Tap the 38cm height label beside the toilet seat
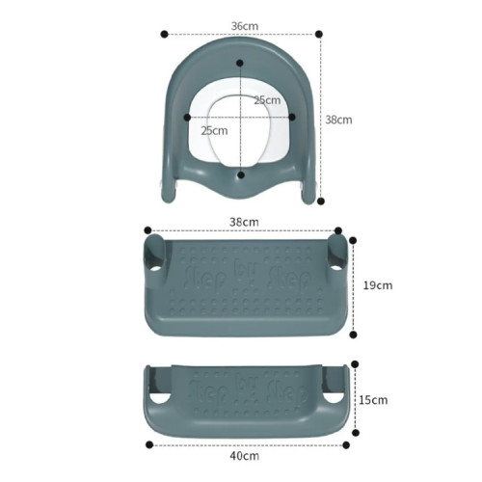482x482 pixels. coord(338,120)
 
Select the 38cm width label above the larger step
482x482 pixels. coord(244,221)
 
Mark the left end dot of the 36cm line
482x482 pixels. coord(164,34)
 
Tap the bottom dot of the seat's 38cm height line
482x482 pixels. coord(320,201)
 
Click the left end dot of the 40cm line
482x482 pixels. coord(148,444)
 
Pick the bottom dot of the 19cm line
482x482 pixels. coord(354,335)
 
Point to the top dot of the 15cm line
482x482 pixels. coord(355,364)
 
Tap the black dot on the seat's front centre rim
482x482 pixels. coord(241,174)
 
